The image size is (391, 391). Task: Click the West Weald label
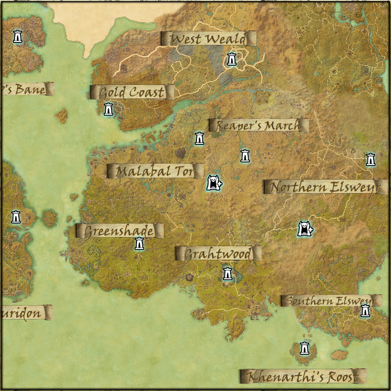208,39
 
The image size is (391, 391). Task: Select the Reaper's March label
258,125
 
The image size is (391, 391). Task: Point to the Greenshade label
119,231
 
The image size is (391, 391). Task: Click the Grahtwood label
218,253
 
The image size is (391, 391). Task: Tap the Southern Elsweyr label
330,301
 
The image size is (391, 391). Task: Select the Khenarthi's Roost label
303,377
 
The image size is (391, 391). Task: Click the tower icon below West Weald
232,59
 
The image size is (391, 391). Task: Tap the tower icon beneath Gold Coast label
109,109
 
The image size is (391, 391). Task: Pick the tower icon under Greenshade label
139,244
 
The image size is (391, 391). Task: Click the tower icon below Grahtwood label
228,274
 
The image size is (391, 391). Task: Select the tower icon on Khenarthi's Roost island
304,348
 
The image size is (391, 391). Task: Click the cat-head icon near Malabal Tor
213,183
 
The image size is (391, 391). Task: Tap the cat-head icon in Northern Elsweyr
305,229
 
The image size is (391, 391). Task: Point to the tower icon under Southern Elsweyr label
365,311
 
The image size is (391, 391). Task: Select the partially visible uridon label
24,313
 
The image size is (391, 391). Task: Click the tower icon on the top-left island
18,36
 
